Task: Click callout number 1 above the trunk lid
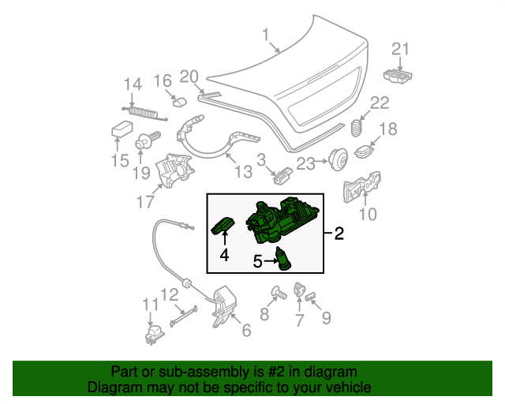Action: pyautogui.click(x=265, y=34)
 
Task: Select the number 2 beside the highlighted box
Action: pyautogui.click(x=339, y=233)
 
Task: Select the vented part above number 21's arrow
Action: pyautogui.click(x=398, y=76)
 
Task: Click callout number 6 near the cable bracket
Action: pyautogui.click(x=245, y=331)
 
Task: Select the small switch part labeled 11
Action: pyautogui.click(x=151, y=335)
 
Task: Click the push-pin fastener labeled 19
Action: pyautogui.click(x=145, y=142)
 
